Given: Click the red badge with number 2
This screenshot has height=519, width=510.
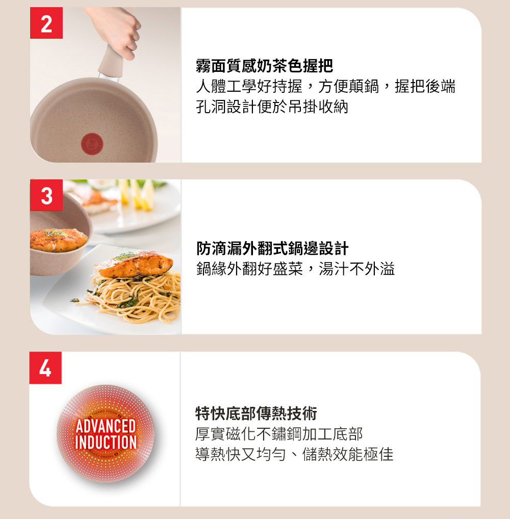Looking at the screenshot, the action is pos(46,23).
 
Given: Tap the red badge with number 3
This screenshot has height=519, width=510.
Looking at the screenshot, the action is pos(46,195).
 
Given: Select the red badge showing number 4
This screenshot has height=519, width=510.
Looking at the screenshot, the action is pos(45,368).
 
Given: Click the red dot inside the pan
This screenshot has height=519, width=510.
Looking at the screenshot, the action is pos(92,144).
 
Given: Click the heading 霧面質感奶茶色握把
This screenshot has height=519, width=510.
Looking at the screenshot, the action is pos(264,66).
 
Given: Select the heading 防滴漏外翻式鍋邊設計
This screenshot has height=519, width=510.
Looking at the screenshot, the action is pos(272,248).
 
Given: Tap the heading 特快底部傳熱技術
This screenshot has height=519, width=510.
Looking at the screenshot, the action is pos(257,413).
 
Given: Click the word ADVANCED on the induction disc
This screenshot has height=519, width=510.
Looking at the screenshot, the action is pos(106,426).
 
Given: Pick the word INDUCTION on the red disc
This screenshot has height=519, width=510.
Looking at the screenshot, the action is pos(106,442).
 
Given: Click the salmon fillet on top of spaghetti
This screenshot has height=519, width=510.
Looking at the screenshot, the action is pos(134,265).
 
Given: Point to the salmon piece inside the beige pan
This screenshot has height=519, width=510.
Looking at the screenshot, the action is pos(58,240).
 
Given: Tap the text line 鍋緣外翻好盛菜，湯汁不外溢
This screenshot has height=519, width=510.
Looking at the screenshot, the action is pos(296,269).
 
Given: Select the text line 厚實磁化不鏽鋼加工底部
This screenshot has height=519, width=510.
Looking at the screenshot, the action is pos(279,434).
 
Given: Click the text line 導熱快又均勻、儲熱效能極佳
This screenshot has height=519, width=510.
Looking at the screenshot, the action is pos(294,454).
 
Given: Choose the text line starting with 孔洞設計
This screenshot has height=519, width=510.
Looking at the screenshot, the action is pos(272,107).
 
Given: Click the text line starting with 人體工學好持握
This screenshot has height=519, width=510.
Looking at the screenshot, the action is pos(325,86).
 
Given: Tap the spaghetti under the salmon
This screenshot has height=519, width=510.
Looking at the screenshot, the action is pos(133,295).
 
